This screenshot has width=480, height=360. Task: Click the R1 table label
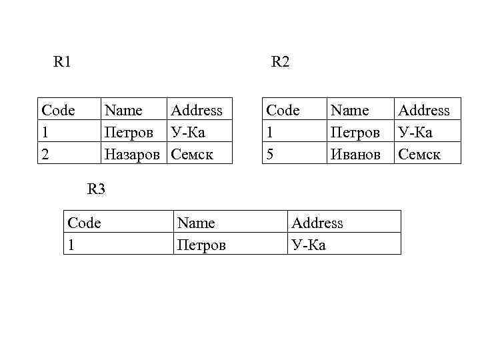click(x=63, y=63)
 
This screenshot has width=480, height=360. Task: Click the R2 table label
click(x=280, y=63)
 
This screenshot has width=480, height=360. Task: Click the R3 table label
click(x=96, y=189)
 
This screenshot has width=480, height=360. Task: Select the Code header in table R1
click(x=58, y=110)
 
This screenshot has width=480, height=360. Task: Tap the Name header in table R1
click(x=124, y=110)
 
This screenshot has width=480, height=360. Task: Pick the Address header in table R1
click(x=197, y=110)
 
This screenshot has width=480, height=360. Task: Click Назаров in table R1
click(x=132, y=154)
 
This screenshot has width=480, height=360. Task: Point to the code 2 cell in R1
click(x=45, y=154)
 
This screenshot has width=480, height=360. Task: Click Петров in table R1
click(x=129, y=132)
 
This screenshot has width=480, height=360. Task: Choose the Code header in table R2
click(x=283, y=110)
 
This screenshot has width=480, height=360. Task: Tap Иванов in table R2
click(x=355, y=154)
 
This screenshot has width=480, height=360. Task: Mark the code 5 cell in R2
click(x=271, y=154)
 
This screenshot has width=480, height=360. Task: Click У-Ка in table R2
click(x=415, y=132)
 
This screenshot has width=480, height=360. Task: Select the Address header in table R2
click(x=424, y=110)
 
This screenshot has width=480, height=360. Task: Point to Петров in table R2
click(x=355, y=132)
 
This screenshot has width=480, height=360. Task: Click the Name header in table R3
click(x=197, y=223)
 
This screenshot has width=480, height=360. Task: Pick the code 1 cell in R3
click(x=71, y=245)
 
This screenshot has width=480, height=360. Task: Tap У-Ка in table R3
click(x=309, y=245)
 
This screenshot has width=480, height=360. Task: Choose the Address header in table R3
click(x=317, y=223)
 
